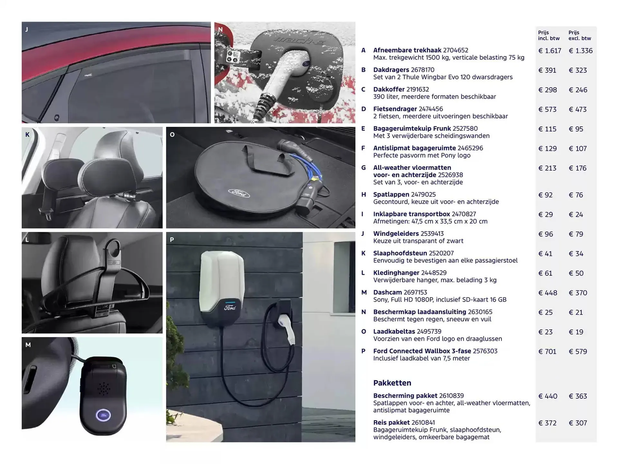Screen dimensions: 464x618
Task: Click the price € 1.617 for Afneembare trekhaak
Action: click(549, 51)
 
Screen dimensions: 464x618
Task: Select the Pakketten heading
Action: click(392, 383)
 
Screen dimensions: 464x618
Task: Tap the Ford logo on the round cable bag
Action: click(239, 193)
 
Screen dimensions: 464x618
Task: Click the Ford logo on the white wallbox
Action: click(230, 307)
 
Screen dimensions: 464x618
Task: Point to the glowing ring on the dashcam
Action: click(103, 415)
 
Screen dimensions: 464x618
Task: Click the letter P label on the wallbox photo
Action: click(172, 239)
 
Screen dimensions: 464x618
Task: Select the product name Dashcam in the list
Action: click(387, 292)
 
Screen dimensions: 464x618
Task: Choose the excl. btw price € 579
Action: click(577, 352)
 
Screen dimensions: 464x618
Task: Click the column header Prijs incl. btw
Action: click(548, 35)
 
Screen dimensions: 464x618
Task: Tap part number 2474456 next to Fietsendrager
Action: click(431, 109)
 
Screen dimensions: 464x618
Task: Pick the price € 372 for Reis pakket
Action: click(547, 423)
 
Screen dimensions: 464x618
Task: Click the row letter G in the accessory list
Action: click(363, 168)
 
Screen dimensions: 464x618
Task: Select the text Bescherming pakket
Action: click(405, 395)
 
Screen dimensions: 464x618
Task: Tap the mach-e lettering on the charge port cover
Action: click(299, 40)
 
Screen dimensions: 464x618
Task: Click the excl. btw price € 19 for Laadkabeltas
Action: click(576, 332)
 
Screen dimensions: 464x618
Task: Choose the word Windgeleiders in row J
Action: click(396, 233)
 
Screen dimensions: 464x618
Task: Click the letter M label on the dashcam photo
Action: click(28, 345)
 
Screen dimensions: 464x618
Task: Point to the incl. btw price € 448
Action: click(548, 293)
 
